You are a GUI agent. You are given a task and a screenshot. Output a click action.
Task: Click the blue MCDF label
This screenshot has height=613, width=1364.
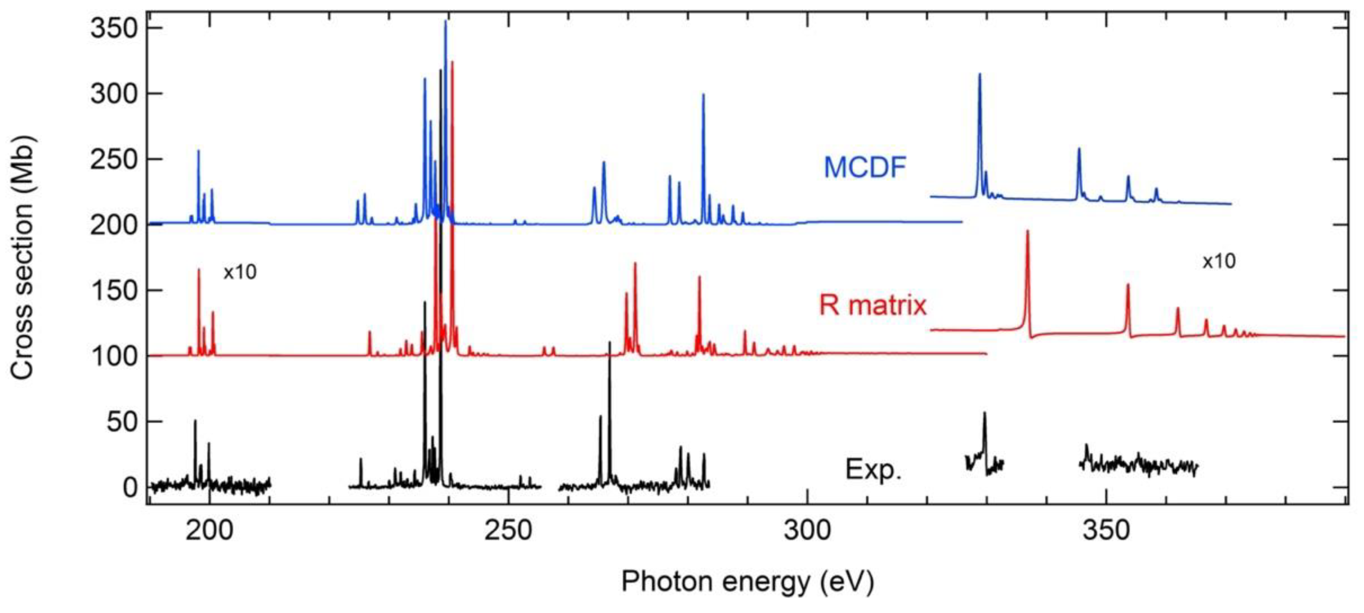pyautogui.click(x=865, y=167)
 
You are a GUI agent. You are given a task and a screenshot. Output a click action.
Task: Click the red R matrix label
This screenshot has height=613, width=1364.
pyautogui.click(x=873, y=305)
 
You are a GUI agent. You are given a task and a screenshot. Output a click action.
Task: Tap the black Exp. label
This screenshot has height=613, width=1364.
pyautogui.click(x=873, y=469)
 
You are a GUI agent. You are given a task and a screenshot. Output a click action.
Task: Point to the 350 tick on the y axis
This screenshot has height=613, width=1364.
pyautogui.click(x=114, y=28)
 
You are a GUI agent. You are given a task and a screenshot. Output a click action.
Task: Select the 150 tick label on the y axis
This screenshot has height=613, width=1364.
pyautogui.click(x=114, y=290)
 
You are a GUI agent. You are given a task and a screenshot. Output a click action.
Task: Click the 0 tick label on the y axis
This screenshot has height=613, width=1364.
pyautogui.click(x=130, y=487)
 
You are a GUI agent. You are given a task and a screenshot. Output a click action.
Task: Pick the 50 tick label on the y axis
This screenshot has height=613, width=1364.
pyautogui.click(x=122, y=422)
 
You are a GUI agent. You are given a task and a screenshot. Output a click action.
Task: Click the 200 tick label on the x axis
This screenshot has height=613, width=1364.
pyautogui.click(x=209, y=530)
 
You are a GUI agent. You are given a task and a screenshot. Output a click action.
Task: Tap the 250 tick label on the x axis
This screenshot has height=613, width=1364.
pyautogui.click(x=508, y=530)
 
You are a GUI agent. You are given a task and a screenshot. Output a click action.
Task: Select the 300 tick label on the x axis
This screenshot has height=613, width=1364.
pyautogui.click(x=807, y=530)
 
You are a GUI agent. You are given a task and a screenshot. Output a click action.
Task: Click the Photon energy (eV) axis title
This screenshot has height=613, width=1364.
pyautogui.click(x=748, y=582)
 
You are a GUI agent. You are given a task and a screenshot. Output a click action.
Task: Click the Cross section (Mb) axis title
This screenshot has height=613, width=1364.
pyautogui.click(x=22, y=257)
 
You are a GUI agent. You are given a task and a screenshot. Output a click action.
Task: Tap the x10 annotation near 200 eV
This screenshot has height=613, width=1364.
pyautogui.click(x=240, y=272)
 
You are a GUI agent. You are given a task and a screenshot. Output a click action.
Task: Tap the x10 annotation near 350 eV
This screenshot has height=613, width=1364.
pyautogui.click(x=1219, y=261)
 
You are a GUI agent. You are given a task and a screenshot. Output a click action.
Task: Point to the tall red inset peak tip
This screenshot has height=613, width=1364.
pyautogui.click(x=1027, y=232)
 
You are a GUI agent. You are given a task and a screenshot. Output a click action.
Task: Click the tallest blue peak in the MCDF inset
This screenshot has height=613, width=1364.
pyautogui.click(x=979, y=75)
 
